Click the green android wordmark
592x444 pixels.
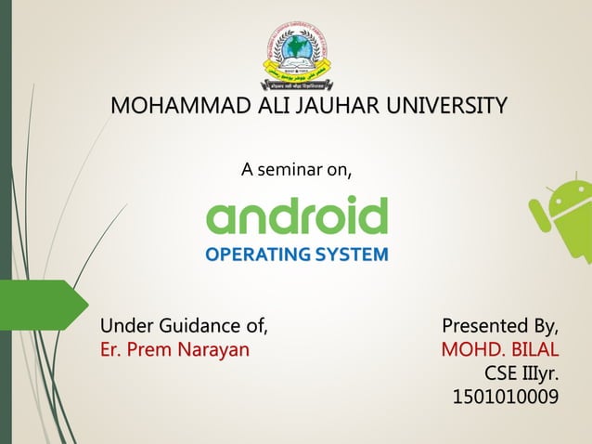[296, 216]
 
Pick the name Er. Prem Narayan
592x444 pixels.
[174, 350]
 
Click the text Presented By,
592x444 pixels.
[501, 326]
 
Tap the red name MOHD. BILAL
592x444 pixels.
[500, 350]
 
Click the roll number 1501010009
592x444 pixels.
[506, 398]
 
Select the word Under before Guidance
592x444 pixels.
[124, 326]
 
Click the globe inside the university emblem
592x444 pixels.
[295, 46]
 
